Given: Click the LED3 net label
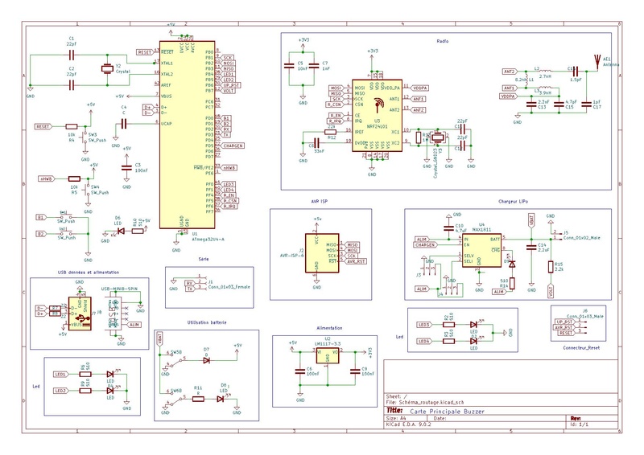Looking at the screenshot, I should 425,324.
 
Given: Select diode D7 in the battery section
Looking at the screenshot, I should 208,360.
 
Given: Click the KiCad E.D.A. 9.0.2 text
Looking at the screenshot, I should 410,424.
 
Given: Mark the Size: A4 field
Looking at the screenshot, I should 392,418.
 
